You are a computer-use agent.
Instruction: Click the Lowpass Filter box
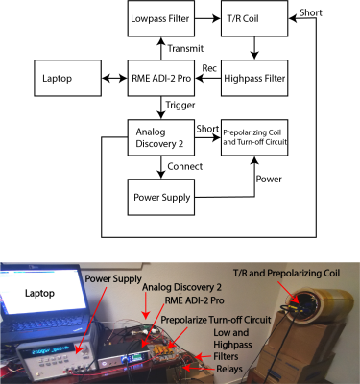tap(161, 18)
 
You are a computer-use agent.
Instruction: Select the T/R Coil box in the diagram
tap(254, 18)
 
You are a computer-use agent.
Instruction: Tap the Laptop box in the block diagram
tap(68, 78)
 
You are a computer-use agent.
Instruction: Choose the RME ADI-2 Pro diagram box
tap(161, 78)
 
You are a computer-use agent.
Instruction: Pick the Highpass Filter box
tap(254, 78)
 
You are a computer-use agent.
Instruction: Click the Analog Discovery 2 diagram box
tap(161, 137)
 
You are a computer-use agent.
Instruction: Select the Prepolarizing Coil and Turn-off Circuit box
tap(254, 137)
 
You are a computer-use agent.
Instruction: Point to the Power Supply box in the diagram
tap(161, 197)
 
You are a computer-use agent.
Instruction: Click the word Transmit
tap(185, 48)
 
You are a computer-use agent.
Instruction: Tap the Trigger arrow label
tap(180, 105)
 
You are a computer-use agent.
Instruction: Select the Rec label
tap(209, 68)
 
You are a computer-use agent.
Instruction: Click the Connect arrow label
tap(185, 166)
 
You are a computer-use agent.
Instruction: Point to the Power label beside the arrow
tap(269, 179)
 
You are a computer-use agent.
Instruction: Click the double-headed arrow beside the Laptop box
tap(114, 78)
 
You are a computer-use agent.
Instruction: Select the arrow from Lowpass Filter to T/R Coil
tap(207, 18)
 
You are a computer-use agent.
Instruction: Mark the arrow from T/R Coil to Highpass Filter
tap(254, 48)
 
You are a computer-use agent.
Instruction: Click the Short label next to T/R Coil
tap(311, 12)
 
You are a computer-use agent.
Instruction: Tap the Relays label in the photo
tap(229, 369)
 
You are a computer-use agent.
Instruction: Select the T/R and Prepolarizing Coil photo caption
tap(286, 274)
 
